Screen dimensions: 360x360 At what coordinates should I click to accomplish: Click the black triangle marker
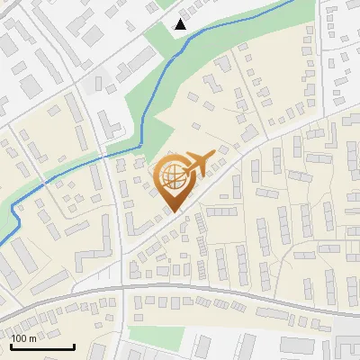(x=181, y=24)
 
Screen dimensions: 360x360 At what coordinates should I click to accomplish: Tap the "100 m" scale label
(x=23, y=338)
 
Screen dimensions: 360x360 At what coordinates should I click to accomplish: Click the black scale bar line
(x=42, y=346)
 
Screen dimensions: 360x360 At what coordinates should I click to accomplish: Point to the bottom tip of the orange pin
(x=175, y=211)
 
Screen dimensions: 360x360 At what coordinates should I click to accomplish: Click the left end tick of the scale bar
(x=12, y=346)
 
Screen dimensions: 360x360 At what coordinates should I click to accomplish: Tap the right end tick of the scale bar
(x=73, y=346)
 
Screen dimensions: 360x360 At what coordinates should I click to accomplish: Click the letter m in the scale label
(x=32, y=338)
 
